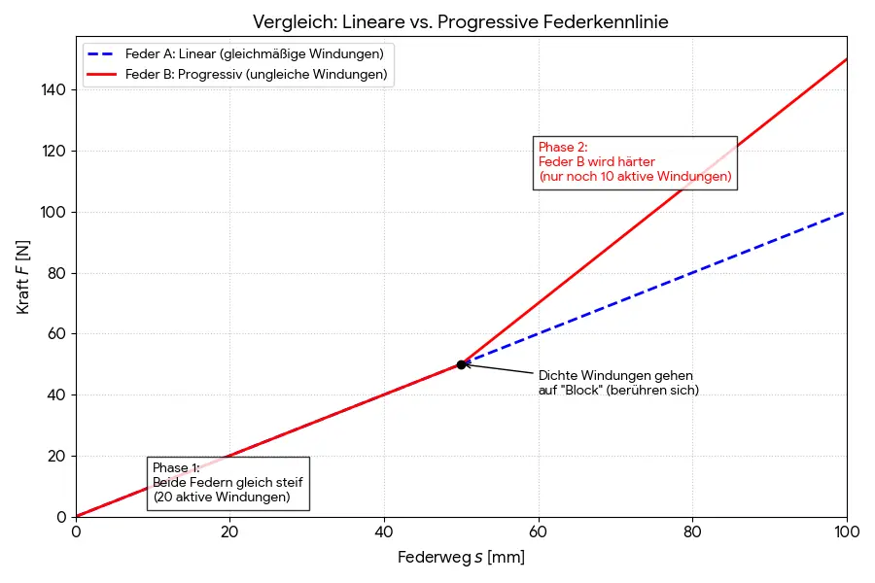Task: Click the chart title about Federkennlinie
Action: point(460,21)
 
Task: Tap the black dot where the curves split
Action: point(461,364)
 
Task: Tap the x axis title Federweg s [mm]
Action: point(461,558)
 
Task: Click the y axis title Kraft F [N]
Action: point(23,276)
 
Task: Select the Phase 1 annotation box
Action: point(228,483)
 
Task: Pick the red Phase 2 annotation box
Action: point(635,162)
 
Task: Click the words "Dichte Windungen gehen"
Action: point(615,376)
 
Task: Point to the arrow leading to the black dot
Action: point(501,370)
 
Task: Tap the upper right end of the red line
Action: point(845,59)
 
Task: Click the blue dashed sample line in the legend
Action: point(101,52)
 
